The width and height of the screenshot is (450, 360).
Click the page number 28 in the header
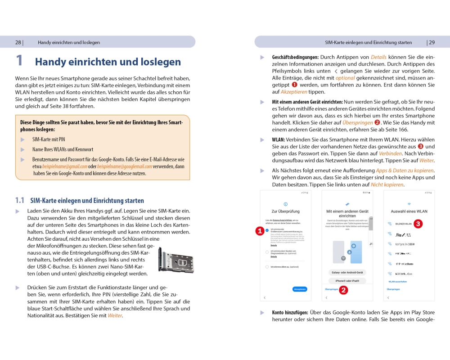[18, 43]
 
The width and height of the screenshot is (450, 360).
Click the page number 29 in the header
[432, 43]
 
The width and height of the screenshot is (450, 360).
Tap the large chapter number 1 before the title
[19, 61]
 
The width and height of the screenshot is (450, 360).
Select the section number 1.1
[20, 201]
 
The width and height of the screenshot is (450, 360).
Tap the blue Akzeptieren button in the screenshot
[300, 289]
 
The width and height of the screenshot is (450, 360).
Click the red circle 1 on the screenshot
[260, 231]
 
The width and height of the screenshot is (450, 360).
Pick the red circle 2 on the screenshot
[343, 290]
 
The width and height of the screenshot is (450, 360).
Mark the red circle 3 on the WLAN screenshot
[418, 223]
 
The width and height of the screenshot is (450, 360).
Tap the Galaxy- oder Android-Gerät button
[347, 272]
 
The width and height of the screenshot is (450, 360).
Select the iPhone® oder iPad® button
[347, 280]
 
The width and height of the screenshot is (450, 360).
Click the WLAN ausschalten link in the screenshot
[397, 282]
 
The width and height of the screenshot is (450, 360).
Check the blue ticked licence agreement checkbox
[267, 230]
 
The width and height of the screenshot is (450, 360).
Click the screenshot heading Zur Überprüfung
[285, 211]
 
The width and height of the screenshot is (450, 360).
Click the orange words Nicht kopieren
[387, 185]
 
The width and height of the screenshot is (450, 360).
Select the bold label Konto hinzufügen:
[290, 312]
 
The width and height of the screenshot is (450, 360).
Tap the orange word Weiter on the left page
[115, 315]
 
